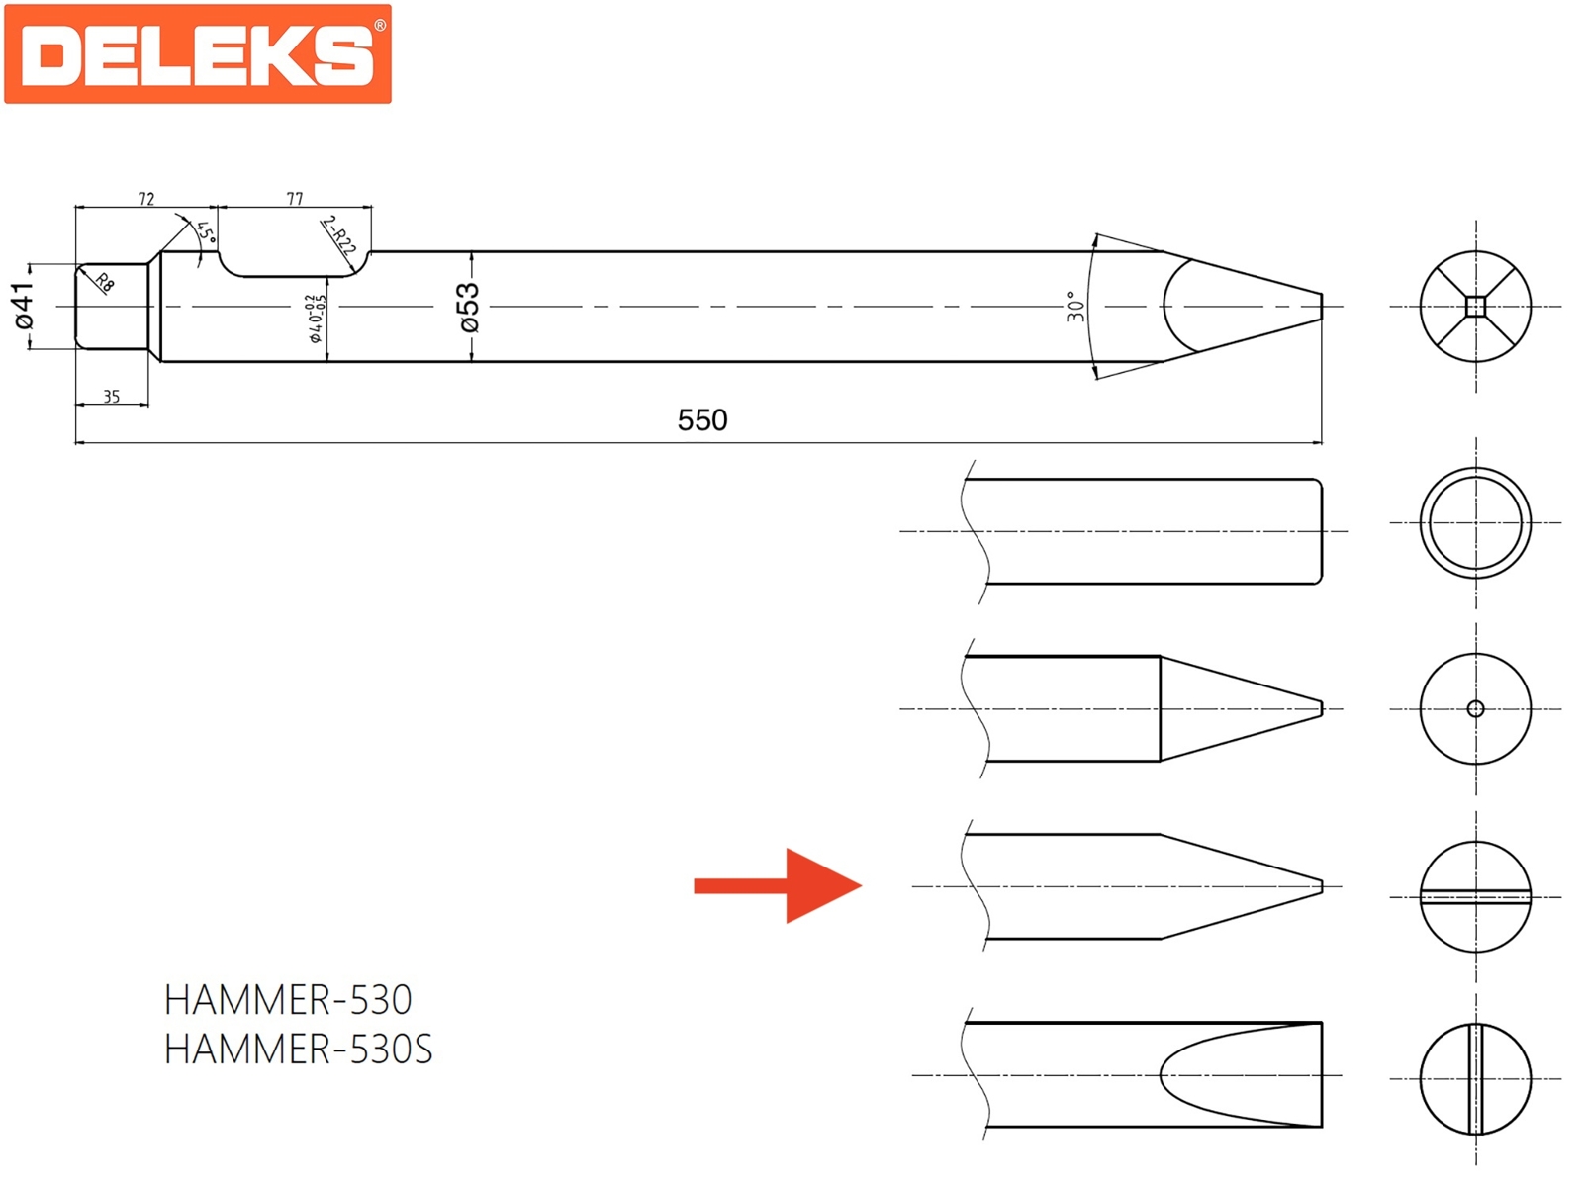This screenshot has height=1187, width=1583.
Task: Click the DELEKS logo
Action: (x=198, y=54)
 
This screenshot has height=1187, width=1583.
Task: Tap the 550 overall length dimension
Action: (x=701, y=420)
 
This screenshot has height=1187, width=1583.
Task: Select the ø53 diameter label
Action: (x=469, y=307)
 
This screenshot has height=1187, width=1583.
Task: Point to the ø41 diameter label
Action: (x=23, y=306)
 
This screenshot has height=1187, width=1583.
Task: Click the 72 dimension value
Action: (x=146, y=199)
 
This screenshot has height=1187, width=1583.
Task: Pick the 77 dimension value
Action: (x=295, y=199)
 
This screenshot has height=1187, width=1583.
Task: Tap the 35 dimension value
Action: (x=111, y=397)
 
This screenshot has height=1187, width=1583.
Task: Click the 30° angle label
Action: (x=1075, y=307)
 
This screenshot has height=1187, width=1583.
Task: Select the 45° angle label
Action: (x=206, y=232)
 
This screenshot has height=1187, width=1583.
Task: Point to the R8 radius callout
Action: (x=105, y=283)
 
